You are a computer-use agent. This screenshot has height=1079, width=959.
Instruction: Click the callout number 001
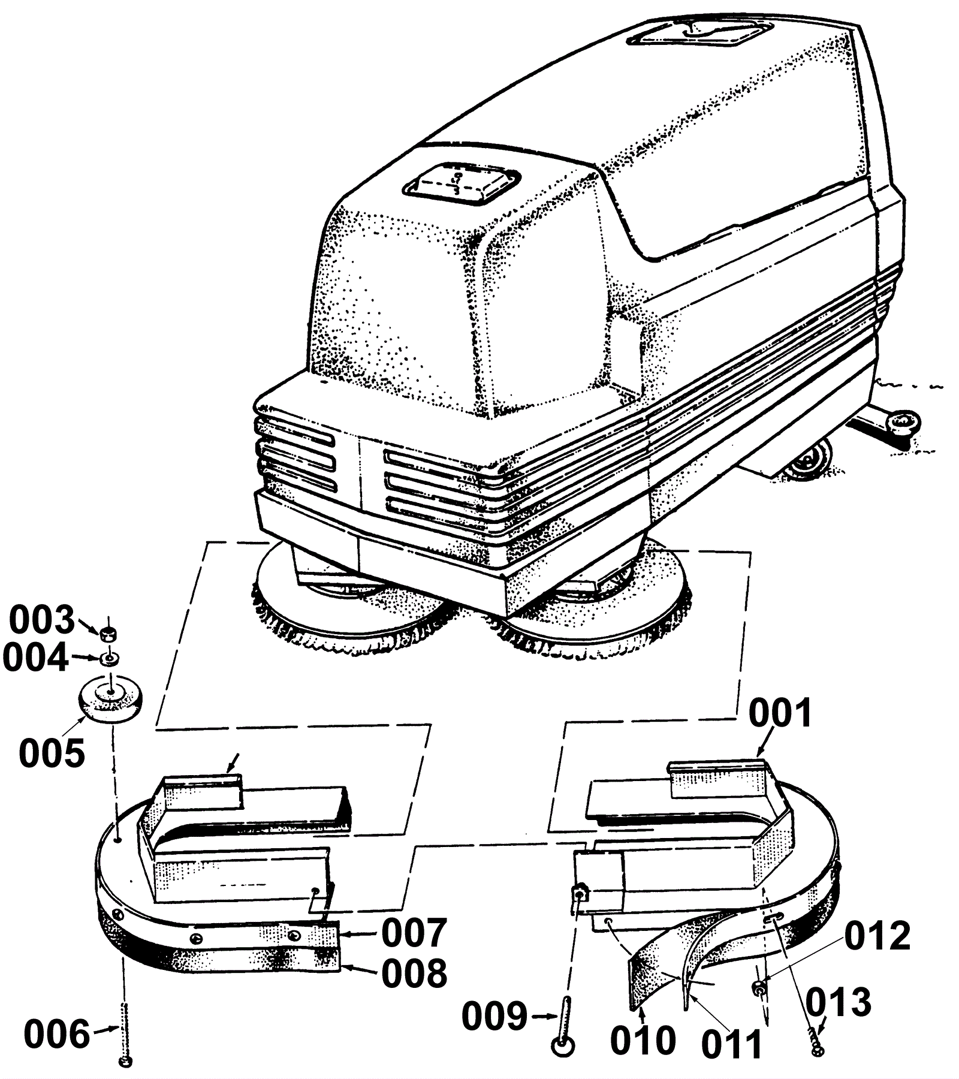(x=780, y=714)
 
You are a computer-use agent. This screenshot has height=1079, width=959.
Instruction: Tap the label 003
(x=41, y=620)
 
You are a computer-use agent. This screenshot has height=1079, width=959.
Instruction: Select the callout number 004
(x=35, y=658)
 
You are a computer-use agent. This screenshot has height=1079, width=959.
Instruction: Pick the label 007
(x=414, y=933)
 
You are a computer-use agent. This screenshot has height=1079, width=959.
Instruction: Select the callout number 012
(x=877, y=935)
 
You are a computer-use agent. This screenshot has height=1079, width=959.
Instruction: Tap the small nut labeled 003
(x=108, y=633)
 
